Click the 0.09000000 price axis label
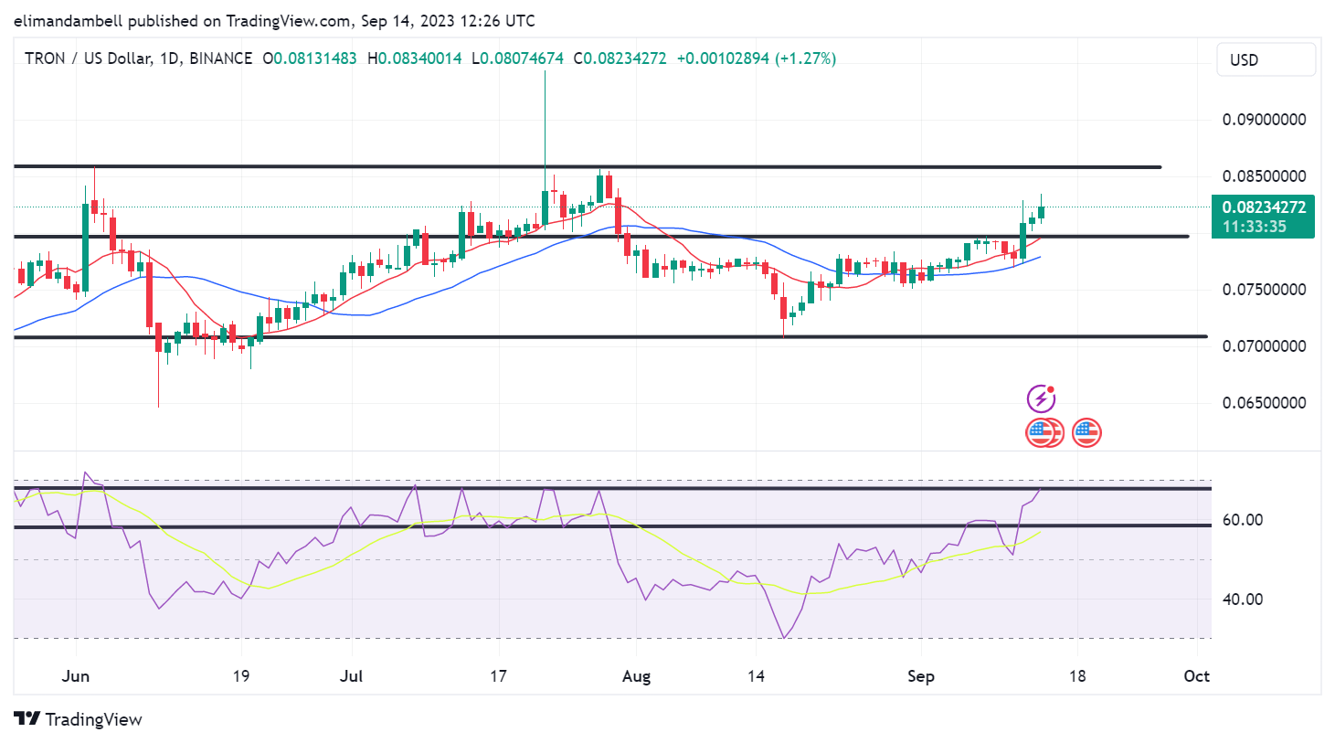click(x=1264, y=120)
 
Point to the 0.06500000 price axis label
click(x=1264, y=403)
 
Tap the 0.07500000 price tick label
click(x=1264, y=290)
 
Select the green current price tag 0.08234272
click(x=1263, y=217)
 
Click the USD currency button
click(x=1266, y=60)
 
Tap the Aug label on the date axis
click(x=636, y=676)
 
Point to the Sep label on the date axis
click(x=920, y=676)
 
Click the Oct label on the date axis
click(x=1196, y=676)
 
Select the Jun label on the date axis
click(x=75, y=676)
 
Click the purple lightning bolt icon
click(x=1041, y=398)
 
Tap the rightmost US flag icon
click(x=1086, y=432)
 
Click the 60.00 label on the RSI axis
click(x=1243, y=520)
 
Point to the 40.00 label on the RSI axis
click(x=1243, y=600)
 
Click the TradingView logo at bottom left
click(x=79, y=719)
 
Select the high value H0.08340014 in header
click(x=415, y=58)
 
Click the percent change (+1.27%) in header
click(x=805, y=58)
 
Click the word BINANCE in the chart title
click(x=220, y=58)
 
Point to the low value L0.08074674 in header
click(x=518, y=58)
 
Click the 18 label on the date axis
click(x=1077, y=676)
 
